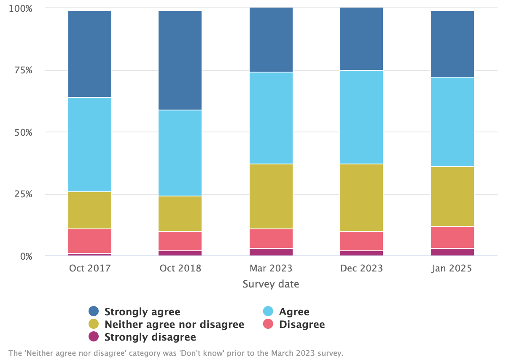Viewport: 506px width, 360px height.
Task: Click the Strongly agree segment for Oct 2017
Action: click(89, 54)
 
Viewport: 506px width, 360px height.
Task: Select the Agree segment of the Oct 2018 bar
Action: click(180, 153)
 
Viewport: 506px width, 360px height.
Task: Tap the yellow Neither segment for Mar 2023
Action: click(271, 196)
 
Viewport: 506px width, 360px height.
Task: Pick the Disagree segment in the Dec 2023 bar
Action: click(361, 241)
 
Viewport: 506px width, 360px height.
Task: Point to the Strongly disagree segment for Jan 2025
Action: click(452, 252)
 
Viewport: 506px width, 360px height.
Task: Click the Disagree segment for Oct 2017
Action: click(89, 241)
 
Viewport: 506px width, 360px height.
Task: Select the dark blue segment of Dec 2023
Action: click(361, 39)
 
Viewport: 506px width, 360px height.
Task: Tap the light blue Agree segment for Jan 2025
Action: click(452, 121)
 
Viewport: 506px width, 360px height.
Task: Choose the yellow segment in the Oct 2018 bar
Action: click(180, 213)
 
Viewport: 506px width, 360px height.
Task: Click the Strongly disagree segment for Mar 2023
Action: click(271, 252)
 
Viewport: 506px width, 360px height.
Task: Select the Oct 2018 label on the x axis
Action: click(180, 269)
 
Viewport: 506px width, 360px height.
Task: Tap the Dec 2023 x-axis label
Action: click(361, 269)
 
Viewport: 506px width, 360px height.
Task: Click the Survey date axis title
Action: click(271, 284)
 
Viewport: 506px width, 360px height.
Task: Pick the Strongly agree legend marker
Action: click(94, 312)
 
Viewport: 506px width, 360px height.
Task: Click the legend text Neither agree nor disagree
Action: click(174, 324)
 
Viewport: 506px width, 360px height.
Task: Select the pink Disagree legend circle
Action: click(268, 324)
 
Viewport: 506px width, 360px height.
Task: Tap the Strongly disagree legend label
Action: click(150, 337)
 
